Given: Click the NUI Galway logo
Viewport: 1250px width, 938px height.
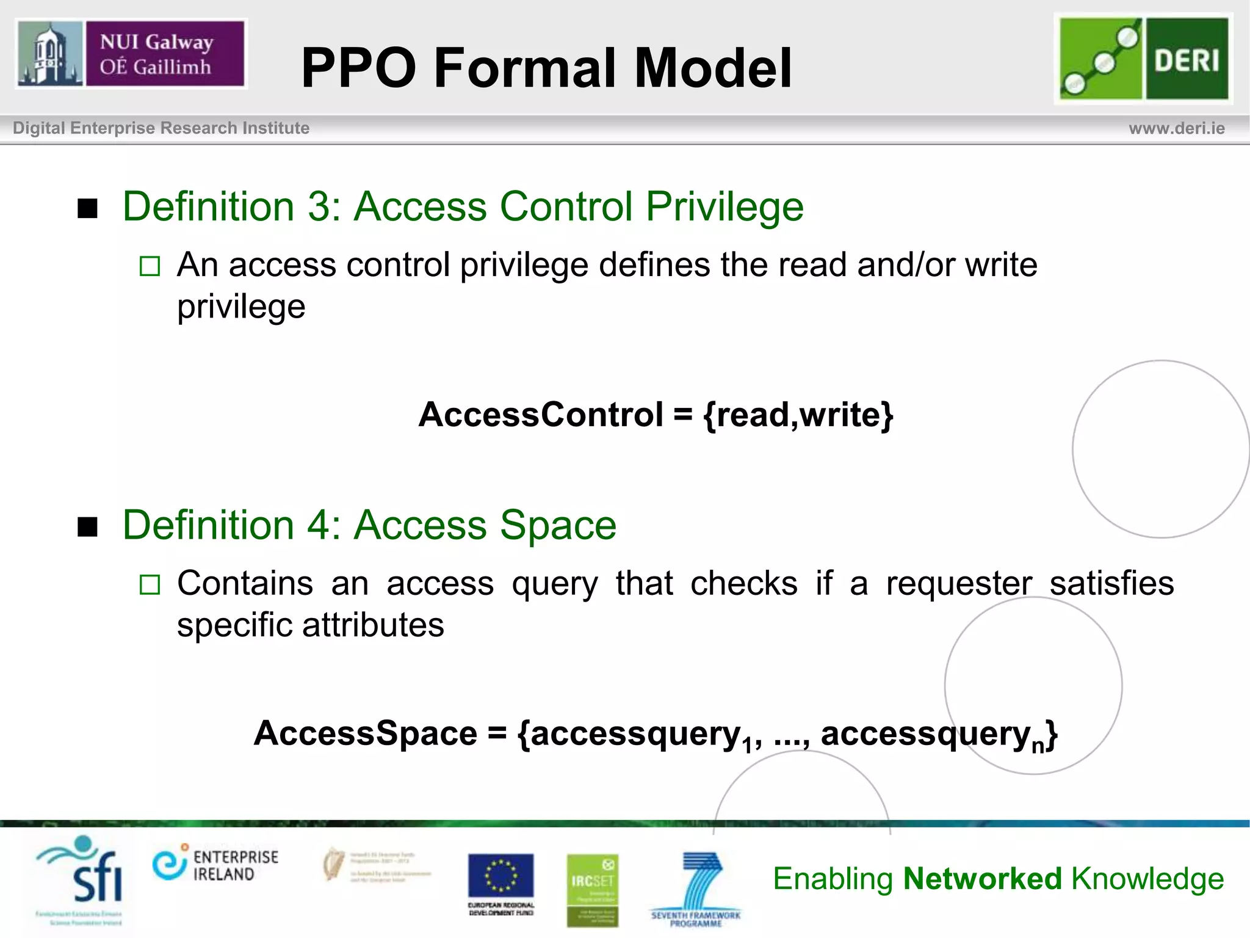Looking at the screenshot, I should (x=131, y=54).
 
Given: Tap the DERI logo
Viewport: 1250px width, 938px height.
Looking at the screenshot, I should (x=1143, y=59).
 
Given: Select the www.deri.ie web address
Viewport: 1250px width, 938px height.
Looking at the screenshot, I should (x=1176, y=128).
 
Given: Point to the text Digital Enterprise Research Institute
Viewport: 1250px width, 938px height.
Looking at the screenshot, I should (x=161, y=128).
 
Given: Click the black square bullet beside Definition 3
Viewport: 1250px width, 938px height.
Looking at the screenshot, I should (x=88, y=209).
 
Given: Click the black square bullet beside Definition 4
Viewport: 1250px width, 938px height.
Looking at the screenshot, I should (x=88, y=526).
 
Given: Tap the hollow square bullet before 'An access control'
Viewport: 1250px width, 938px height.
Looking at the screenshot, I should (x=150, y=266).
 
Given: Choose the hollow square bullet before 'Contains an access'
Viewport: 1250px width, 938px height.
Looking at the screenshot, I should (x=150, y=584).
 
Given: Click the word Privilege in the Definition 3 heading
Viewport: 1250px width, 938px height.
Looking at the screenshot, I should (x=724, y=206).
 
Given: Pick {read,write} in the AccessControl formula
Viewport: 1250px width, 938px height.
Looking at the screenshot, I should (x=798, y=415).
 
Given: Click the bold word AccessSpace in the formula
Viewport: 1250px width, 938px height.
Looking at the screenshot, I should (x=365, y=733).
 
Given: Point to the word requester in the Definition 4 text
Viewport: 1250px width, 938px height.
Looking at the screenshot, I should (x=959, y=583).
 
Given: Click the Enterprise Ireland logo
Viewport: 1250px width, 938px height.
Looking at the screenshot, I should (x=215, y=863).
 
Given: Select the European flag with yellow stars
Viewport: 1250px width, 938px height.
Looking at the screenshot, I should (x=500, y=876).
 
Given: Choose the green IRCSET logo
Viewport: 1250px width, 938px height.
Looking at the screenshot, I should (x=592, y=889).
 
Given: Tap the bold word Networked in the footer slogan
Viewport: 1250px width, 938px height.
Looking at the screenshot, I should (x=982, y=879).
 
